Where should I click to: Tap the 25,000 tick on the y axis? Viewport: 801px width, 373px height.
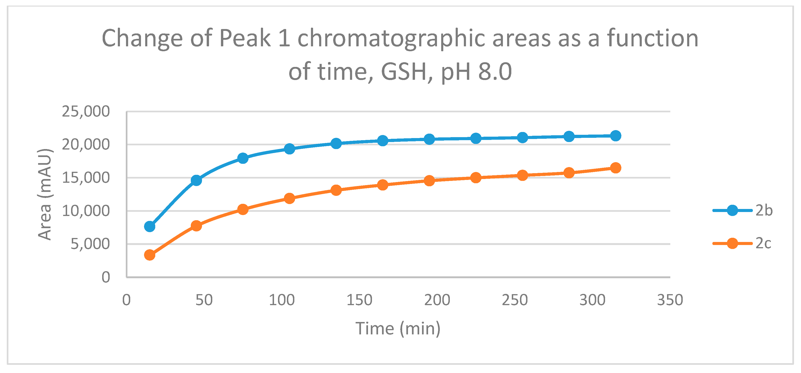86,111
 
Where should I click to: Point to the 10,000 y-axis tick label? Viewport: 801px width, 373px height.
86,211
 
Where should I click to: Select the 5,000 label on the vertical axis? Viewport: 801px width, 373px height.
90,244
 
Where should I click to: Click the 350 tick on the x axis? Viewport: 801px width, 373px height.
670,300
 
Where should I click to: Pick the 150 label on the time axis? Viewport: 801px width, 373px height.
359,300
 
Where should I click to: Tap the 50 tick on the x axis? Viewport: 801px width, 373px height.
204,300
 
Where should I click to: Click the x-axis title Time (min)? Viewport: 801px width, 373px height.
398,329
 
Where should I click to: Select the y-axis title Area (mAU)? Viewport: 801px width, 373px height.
44,194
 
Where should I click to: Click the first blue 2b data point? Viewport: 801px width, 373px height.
150,227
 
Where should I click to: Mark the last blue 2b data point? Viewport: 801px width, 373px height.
616,136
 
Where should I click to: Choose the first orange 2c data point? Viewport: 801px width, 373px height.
150,255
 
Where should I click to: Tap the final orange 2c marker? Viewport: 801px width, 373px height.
616,168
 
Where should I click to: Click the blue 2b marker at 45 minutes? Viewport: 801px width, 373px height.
196,180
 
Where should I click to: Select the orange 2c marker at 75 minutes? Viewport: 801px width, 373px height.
243,209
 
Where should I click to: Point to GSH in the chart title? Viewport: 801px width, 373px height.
404,72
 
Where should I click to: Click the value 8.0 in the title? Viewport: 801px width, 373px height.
495,72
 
